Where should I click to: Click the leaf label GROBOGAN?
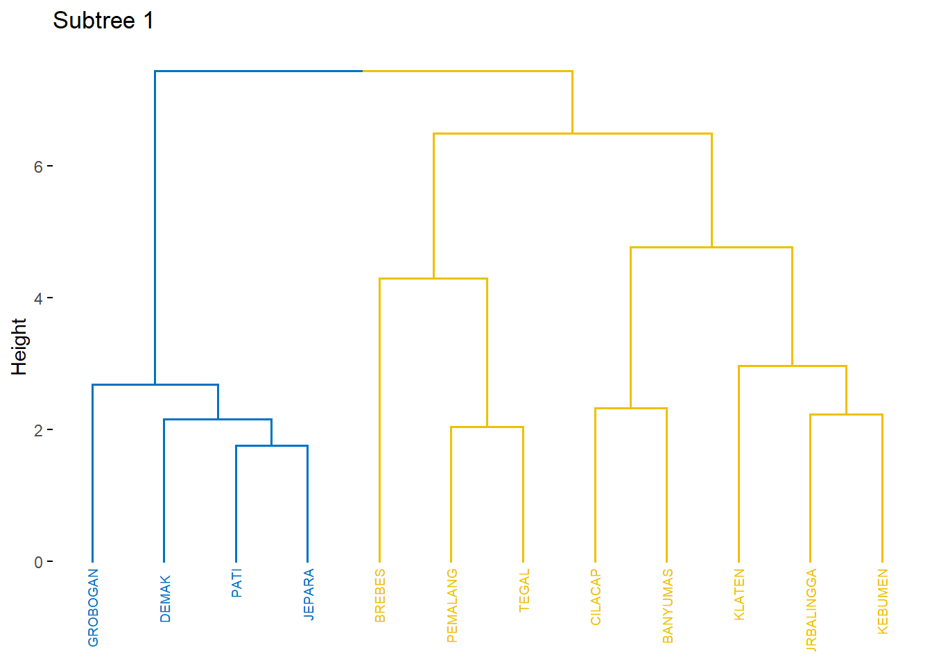tap(94, 608)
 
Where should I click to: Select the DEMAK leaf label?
tap(165, 598)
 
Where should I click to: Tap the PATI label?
tap(236, 583)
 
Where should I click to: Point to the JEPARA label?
tap(309, 594)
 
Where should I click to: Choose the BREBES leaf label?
tap(380, 595)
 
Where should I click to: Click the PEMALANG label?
tap(452, 606)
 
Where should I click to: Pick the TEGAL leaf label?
tap(524, 590)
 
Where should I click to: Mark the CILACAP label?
tap(596, 597)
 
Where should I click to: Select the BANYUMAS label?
tap(668, 606)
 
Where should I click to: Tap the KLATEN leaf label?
tap(739, 595)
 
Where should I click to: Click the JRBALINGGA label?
tap(811, 610)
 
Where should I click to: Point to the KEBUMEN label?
tap(883, 601)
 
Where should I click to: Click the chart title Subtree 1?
tap(103, 21)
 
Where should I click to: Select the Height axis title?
tap(19, 347)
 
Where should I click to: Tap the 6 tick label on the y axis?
tap(38, 166)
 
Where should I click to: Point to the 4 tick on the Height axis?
tap(38, 298)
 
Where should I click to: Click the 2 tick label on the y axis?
tap(38, 430)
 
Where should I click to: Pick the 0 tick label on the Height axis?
tap(38, 562)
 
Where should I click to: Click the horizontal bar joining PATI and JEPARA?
tap(272, 446)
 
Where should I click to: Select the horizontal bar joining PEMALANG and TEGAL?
tap(487, 427)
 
